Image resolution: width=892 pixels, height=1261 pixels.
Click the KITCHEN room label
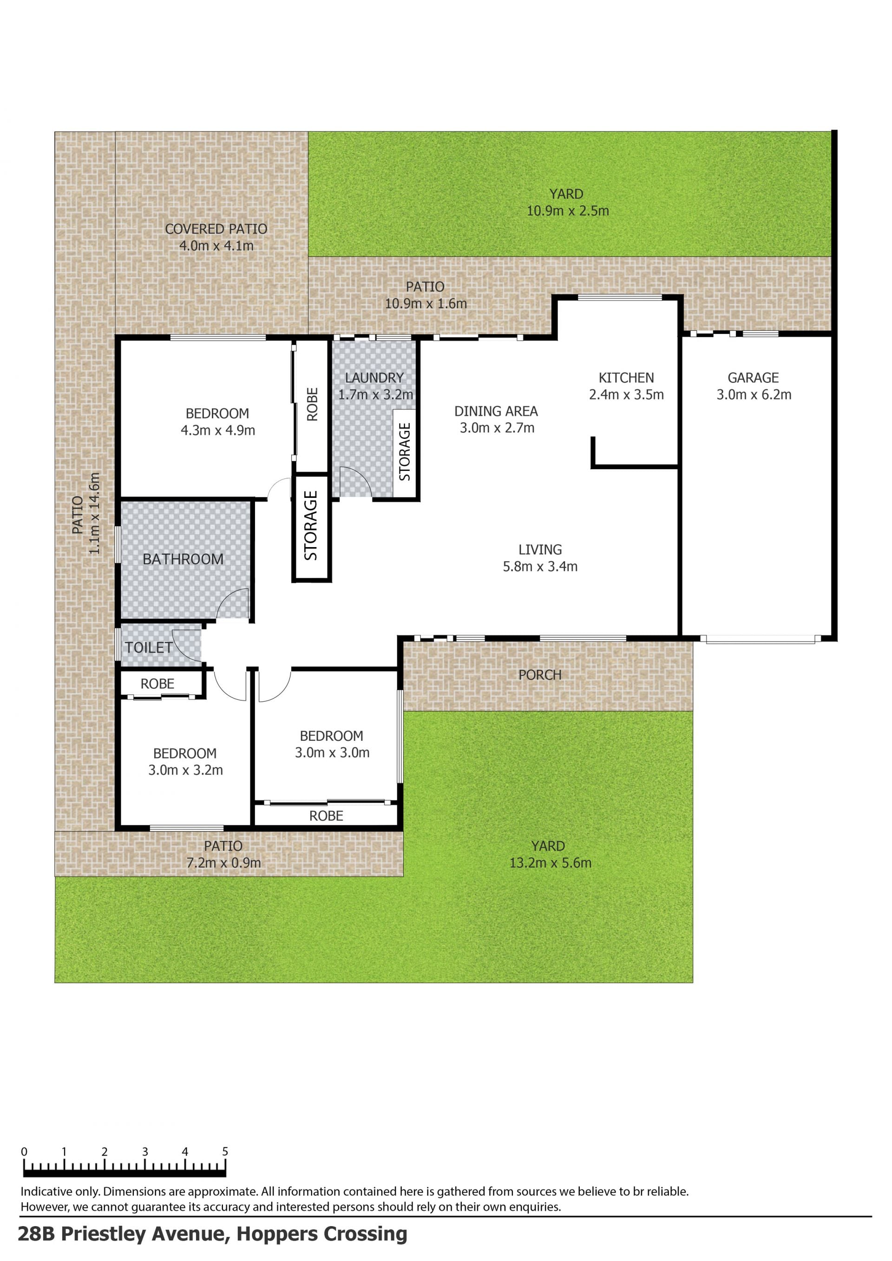[626, 378]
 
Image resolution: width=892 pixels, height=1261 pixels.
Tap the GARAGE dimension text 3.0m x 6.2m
[754, 394]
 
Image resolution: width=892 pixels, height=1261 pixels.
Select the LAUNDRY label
[374, 378]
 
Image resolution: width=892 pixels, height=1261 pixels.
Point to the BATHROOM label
[183, 559]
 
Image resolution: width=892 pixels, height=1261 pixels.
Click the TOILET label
[149, 647]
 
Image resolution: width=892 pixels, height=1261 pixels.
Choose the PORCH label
[540, 675]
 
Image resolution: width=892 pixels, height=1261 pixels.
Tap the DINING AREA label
[496, 412]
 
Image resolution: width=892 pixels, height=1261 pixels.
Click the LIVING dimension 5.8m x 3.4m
[540, 567]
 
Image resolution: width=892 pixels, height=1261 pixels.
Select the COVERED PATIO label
[216, 229]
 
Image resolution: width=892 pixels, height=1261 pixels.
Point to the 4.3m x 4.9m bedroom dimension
[218, 431]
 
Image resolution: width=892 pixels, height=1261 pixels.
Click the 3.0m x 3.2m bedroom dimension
[186, 770]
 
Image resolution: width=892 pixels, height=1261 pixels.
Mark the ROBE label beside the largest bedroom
[312, 404]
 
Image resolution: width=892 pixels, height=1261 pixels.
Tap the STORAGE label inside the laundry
[405, 452]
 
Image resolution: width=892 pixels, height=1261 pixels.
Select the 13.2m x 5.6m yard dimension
[551, 863]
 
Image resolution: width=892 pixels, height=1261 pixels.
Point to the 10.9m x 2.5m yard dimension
[568, 211]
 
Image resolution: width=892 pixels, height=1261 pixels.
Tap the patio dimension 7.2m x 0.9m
[224, 863]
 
